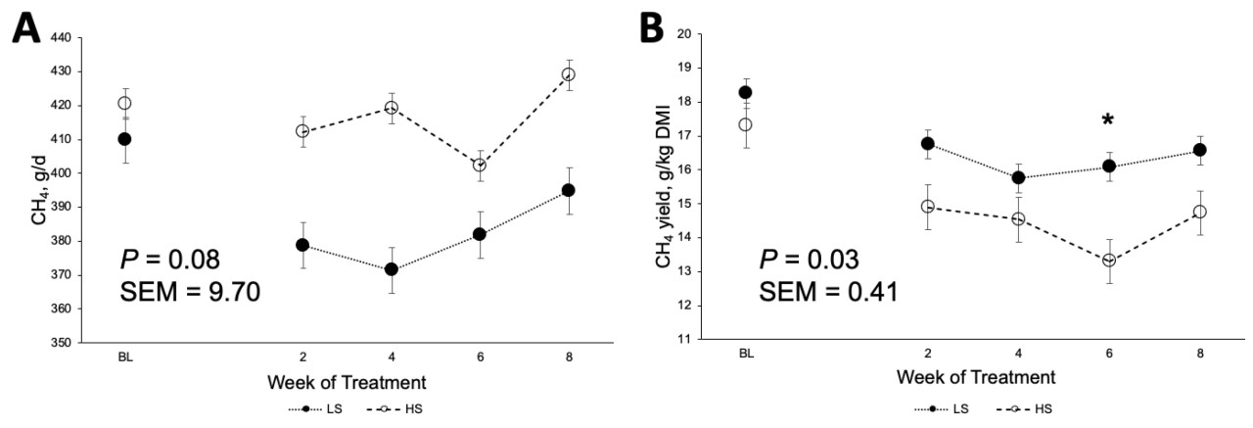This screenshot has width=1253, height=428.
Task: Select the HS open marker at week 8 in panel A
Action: coord(568,74)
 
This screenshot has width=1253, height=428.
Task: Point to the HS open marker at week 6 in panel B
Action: coord(1109,261)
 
